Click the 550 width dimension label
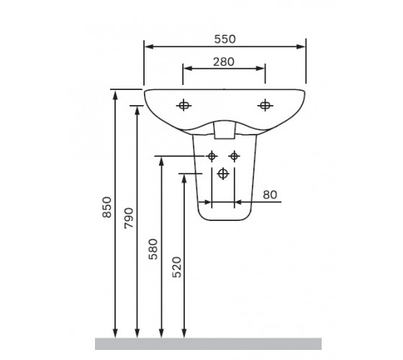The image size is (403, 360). pos(225,39)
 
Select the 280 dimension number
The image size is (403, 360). pos(224,62)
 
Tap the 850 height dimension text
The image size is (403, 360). pos(107,207)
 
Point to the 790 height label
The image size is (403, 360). pos(129,218)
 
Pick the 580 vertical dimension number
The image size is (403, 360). pos(153,249)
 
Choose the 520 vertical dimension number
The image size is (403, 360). pos(176,267)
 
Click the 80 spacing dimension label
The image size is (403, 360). pos(270,195)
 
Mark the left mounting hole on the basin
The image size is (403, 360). pos(184,105)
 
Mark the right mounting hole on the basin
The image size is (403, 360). pos(265,105)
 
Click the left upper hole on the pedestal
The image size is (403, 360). pos(212,156)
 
